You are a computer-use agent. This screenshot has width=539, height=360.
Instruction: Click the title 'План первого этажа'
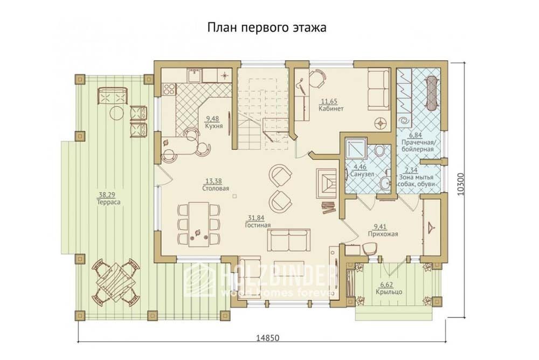click(267, 27)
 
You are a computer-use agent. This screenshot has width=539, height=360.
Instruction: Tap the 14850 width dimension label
click(268, 338)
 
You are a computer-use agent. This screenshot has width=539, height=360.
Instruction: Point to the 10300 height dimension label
click(461, 184)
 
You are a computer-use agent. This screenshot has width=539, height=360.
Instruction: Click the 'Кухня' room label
click(214, 126)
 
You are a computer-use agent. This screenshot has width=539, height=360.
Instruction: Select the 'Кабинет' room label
click(331, 109)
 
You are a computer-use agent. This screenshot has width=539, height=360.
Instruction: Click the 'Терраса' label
click(109, 203)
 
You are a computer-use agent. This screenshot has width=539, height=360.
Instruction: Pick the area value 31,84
click(255, 218)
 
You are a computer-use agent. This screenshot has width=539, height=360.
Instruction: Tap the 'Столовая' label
click(216, 189)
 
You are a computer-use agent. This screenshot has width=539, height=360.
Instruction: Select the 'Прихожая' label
click(383, 234)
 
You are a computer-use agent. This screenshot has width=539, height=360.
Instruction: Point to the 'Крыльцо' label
click(389, 292)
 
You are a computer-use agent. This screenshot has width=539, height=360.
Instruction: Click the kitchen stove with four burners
click(169, 89)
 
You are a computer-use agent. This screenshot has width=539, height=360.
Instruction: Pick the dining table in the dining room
click(199, 225)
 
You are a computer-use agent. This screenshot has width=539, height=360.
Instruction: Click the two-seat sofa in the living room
click(289, 240)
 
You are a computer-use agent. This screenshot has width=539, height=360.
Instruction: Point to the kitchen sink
click(195, 74)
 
